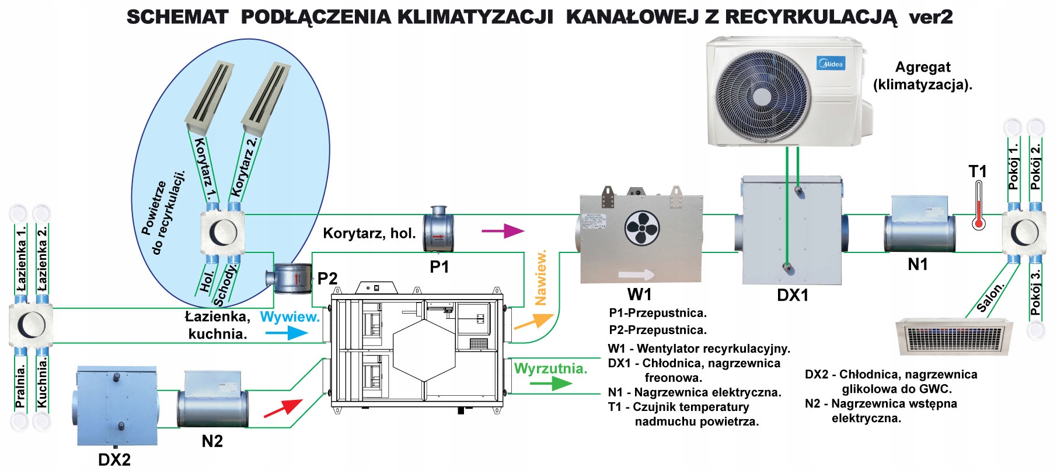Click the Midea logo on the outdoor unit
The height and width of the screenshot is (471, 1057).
tap(830, 64)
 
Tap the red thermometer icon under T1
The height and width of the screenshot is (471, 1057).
tap(979, 206)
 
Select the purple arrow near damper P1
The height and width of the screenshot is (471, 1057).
tap(503, 231)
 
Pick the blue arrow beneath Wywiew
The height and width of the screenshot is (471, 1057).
tap(287, 333)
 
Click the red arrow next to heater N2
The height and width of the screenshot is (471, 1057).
tap(283, 408)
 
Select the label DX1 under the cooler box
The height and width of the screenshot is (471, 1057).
tap(793, 296)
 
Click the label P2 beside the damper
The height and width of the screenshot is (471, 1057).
tap(327, 279)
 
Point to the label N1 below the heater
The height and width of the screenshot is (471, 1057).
tap(918, 265)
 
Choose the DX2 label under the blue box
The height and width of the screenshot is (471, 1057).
tap(114, 460)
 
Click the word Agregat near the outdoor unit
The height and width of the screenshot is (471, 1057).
tap(923, 68)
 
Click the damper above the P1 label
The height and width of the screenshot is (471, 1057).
tap(438, 229)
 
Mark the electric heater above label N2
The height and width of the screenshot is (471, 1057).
tap(212, 400)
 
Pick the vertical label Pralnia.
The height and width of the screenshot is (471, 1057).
tap(20, 386)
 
